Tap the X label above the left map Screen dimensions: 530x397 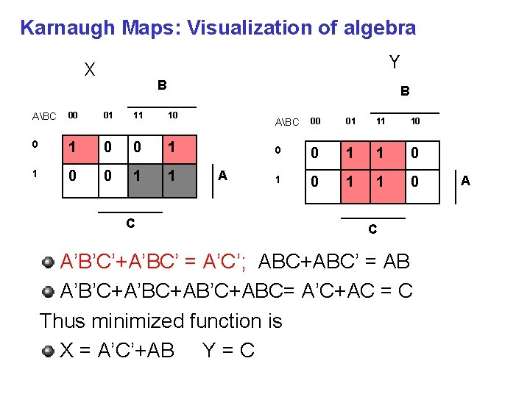coord(90,70)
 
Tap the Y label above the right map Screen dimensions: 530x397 coord(395,62)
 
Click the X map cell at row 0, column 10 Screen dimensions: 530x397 coord(172,146)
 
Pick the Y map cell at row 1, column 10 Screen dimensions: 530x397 coord(415,182)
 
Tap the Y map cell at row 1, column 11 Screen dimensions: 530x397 coord(381,182)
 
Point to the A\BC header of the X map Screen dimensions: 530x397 coord(44,117)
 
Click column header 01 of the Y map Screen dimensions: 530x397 coord(350,121)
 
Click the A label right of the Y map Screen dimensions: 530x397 coord(465,181)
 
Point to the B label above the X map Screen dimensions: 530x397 coord(162,85)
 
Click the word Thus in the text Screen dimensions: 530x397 coord(62,321)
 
